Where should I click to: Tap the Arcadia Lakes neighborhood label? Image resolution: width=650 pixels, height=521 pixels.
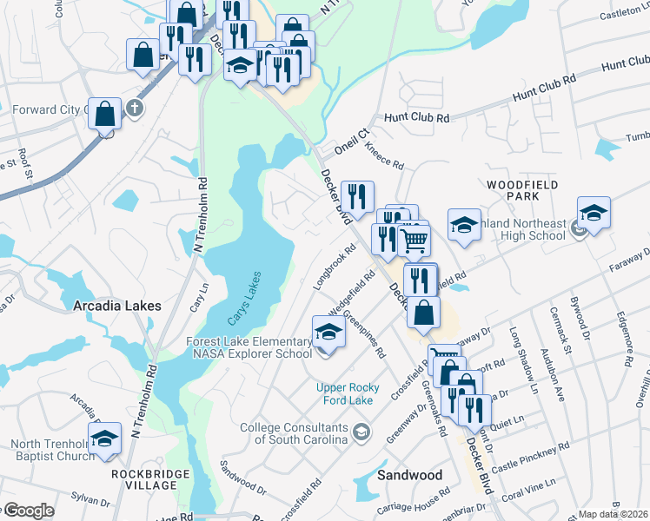(116, 307)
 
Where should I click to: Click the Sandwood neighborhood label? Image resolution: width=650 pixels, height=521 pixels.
(410, 475)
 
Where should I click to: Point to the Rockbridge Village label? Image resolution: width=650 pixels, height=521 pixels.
(144, 478)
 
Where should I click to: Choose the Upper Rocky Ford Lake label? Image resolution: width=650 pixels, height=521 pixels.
(348, 394)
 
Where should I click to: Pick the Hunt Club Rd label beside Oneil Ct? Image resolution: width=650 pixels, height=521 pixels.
(417, 117)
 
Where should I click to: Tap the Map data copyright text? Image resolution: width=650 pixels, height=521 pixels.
(612, 515)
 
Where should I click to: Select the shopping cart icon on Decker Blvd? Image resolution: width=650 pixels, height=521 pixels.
(415, 240)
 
